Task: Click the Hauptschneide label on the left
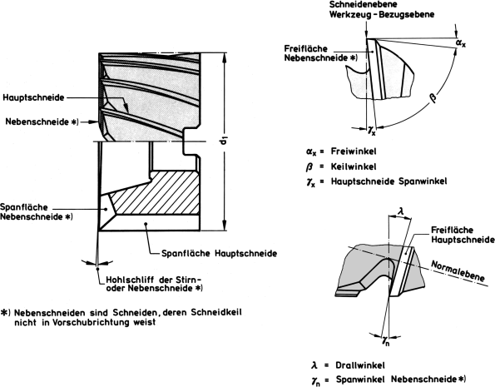tap(48, 97)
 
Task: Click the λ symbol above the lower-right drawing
tap(399, 213)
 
